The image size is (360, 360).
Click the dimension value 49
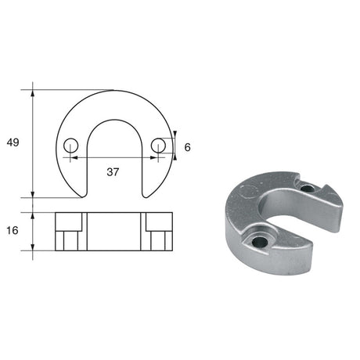[x=13, y=142]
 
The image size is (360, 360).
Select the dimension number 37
[x=112, y=172]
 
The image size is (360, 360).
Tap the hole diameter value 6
[x=187, y=146]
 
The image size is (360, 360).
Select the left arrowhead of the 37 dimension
[x=74, y=157]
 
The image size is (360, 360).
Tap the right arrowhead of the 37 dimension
[x=156, y=157]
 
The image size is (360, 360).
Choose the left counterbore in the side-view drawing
[x=70, y=232]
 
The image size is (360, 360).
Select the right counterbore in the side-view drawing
[x=159, y=232]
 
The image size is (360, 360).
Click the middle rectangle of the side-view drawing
[x=115, y=232]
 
